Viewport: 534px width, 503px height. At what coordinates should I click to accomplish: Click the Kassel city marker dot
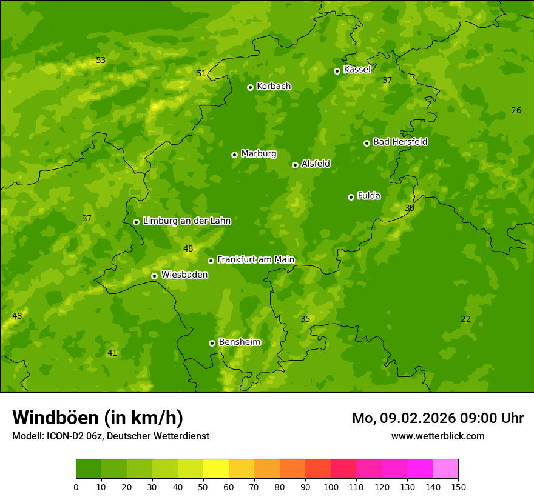[x=337, y=71]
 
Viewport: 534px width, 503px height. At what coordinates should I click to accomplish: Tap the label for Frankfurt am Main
[x=255, y=259]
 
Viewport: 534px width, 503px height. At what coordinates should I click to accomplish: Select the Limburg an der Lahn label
[x=186, y=221]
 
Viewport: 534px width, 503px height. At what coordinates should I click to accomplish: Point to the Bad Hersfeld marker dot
[x=367, y=143]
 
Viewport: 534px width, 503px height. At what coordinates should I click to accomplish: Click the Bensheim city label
[x=239, y=342]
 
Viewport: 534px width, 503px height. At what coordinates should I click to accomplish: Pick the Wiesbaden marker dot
[x=154, y=276]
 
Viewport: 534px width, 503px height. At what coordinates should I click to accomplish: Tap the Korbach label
[x=274, y=86]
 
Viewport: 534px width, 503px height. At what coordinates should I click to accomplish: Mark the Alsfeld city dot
[x=295, y=165]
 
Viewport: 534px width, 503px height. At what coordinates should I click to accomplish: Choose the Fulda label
[x=369, y=196]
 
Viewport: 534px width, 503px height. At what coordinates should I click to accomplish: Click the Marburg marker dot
[x=234, y=155]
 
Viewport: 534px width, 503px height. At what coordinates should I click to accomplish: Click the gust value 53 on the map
[x=101, y=60]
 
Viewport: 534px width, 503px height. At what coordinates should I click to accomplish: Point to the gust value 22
[x=465, y=319]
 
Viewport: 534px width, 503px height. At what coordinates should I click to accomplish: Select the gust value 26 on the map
[x=516, y=110]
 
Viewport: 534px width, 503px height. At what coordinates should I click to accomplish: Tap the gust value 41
[x=112, y=353]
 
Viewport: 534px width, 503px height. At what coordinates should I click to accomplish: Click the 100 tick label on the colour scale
[x=331, y=487]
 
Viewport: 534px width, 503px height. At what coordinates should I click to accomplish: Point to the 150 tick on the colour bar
[x=458, y=487]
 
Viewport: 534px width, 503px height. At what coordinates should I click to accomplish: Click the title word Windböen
[x=55, y=418]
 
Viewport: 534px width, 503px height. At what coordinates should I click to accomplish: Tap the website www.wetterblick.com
[x=438, y=436]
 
